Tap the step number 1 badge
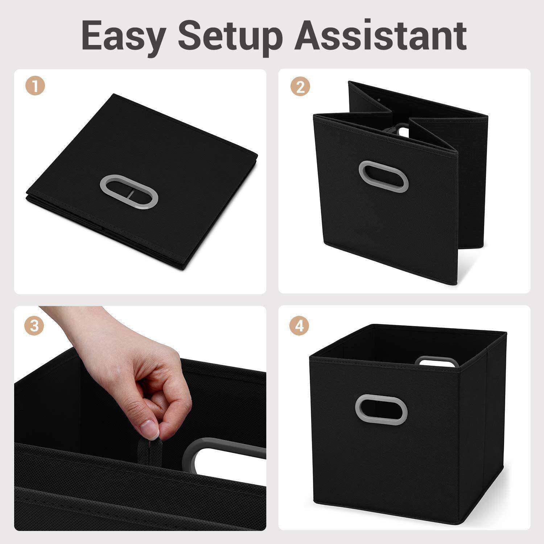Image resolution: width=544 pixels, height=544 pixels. pos(35,87)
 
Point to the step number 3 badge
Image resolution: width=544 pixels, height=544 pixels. pos(34,326)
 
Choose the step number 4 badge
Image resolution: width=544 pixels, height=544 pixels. pos(299,326)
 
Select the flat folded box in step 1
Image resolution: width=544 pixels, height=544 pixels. pos(142,181)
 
